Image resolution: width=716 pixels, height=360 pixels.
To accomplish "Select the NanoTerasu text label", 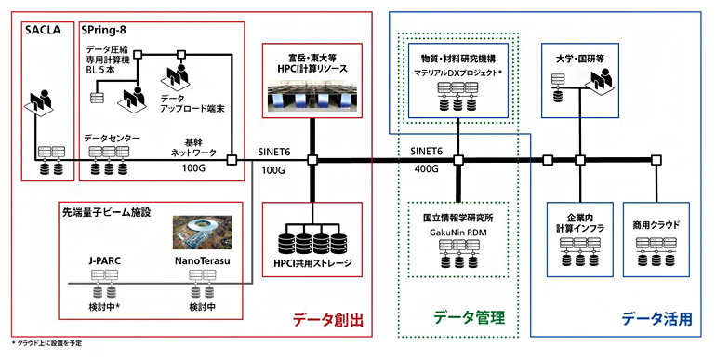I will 202,262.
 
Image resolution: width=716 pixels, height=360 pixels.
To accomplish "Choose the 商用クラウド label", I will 656,223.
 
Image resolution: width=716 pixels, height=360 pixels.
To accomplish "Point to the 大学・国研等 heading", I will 579,58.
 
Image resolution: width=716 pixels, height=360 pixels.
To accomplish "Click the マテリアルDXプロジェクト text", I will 459,72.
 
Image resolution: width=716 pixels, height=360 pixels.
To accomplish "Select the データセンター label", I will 112,138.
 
